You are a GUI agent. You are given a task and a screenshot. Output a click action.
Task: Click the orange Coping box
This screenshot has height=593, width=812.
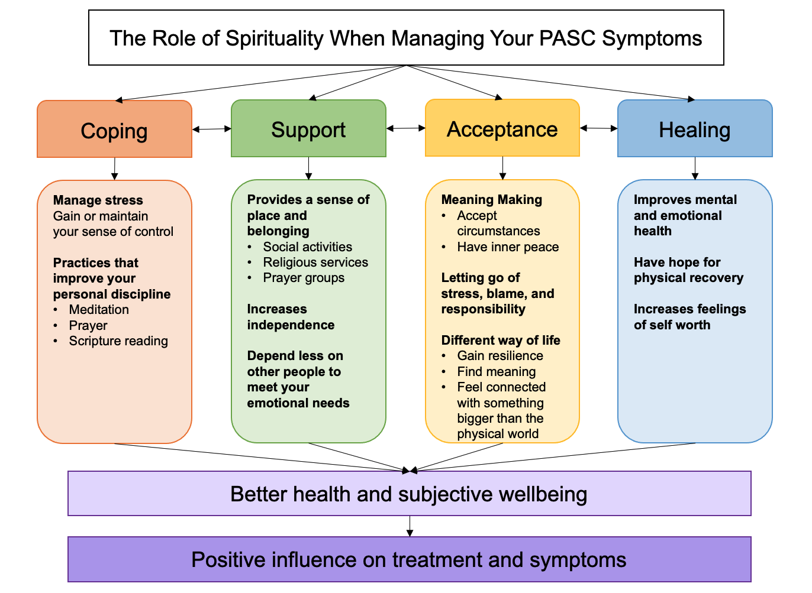[114, 129]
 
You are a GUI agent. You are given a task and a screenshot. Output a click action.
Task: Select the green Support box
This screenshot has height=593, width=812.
[308, 129]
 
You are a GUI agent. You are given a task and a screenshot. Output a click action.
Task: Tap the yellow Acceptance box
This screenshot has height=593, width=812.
[502, 128]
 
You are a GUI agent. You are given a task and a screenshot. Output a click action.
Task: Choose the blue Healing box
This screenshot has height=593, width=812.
[695, 129]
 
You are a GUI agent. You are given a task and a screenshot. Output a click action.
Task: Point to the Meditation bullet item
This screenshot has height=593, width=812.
[99, 310]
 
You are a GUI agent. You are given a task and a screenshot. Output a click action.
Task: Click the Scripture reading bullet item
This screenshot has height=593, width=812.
[118, 341]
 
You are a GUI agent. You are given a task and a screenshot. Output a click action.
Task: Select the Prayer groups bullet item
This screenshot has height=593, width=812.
[304, 278]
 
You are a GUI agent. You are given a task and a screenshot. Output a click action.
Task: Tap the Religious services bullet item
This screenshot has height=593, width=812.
[315, 263]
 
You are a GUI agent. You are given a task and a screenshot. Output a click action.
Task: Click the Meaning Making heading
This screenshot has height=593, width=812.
[492, 200]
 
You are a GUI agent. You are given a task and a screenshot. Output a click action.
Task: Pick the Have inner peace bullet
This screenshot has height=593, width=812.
[508, 247]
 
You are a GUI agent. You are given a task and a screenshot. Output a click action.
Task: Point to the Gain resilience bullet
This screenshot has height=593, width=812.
[500, 356]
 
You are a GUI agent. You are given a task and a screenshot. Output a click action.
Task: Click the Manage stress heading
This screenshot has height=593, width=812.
[98, 200]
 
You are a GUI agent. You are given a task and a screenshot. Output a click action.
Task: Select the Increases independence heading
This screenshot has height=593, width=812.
[291, 317]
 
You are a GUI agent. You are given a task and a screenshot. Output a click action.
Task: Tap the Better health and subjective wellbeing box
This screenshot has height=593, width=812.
[409, 494]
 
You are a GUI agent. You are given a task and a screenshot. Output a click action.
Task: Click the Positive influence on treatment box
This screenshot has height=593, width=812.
[409, 559]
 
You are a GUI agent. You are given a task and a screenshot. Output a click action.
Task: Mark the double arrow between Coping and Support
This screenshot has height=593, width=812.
[211, 129]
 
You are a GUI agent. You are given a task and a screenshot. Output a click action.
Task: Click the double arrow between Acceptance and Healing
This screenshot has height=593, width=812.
[598, 128]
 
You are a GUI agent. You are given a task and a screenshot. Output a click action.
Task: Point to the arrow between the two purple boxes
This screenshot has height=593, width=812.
[410, 526]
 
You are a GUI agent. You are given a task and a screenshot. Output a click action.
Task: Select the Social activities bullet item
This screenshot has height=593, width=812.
[307, 247]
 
